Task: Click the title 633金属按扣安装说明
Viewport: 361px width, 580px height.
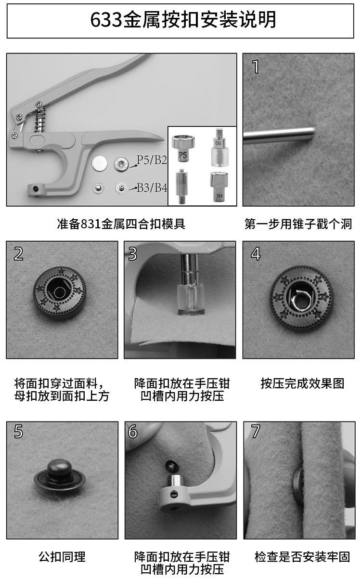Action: [183, 20]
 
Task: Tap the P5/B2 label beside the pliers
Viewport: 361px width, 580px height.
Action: [152, 160]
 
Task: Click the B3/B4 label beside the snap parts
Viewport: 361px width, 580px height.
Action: [152, 188]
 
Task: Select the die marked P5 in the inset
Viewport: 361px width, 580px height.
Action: [183, 148]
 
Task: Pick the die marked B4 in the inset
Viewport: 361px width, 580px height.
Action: [219, 186]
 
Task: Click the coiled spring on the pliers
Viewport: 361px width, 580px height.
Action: [40, 119]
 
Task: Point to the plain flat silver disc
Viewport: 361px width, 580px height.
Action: [99, 164]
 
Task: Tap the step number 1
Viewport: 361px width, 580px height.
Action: [256, 67]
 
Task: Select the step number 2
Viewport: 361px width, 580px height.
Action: [18, 254]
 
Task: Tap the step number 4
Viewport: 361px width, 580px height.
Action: [256, 254]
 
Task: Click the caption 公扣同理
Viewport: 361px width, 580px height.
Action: [62, 557]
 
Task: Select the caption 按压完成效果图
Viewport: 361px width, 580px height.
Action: [302, 383]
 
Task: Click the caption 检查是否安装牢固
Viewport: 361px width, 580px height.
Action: [302, 557]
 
